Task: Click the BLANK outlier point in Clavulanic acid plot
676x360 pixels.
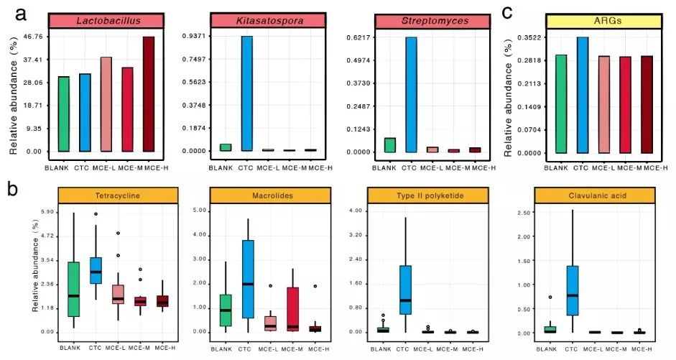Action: pos(550,297)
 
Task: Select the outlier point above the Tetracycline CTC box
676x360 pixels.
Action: pos(96,214)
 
